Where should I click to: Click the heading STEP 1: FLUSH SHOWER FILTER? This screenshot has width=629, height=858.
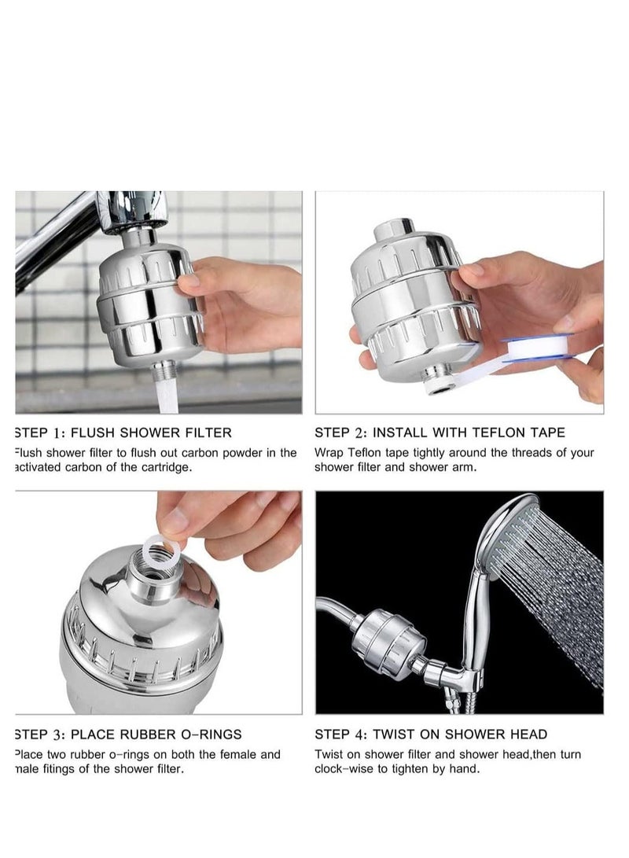pos(123,433)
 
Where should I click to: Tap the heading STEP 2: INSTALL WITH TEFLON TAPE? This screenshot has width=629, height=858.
pos(440,433)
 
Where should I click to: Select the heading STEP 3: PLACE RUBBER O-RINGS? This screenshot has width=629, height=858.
pos(128,735)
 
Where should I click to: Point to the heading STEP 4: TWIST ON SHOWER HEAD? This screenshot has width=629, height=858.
pos(431,735)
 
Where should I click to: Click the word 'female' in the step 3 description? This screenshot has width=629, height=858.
pos(234,754)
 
